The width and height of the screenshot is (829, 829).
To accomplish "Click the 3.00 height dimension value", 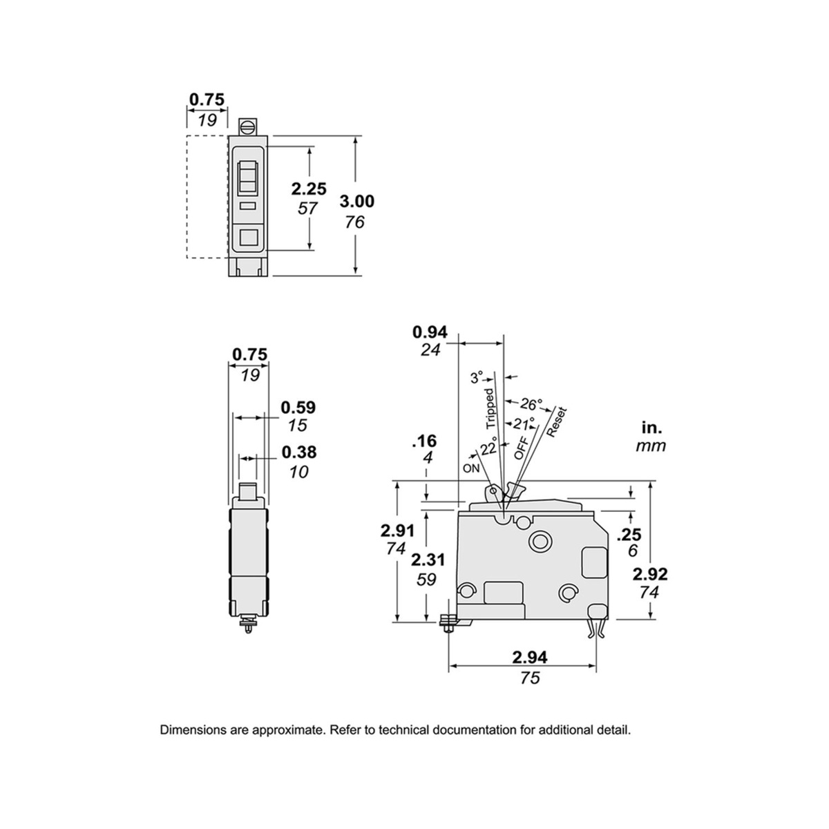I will [357, 201].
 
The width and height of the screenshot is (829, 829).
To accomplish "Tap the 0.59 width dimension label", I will [298, 408].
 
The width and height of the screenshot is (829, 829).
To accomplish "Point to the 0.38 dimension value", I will [298, 452].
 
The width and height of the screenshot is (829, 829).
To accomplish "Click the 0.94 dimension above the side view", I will [430, 332].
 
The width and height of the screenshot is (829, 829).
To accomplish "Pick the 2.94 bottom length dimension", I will [527, 656].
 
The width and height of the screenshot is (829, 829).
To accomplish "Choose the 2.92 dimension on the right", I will [649, 573].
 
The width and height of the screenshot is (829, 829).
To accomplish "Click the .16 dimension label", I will [423, 441].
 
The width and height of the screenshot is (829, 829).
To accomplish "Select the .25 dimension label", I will [628, 533].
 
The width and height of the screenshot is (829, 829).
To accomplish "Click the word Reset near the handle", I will [556, 422].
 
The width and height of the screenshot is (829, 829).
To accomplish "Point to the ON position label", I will [472, 468].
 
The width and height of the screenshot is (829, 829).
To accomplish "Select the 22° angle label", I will [488, 447].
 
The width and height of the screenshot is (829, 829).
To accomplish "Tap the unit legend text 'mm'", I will [651, 446].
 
